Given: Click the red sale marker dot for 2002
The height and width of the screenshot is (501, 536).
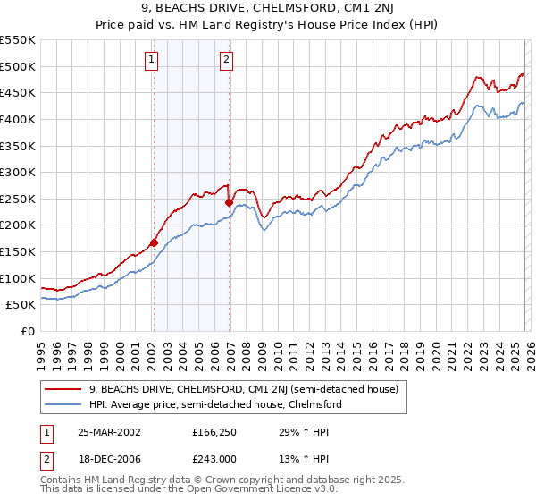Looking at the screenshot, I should (x=154, y=242).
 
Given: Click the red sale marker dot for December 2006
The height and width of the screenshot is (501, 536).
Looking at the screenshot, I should (x=229, y=202).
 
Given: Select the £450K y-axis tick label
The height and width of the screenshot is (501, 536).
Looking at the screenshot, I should (x=19, y=92).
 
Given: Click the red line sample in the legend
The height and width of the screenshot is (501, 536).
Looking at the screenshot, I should (x=64, y=389).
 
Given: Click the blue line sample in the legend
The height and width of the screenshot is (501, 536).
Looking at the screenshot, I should (x=64, y=404).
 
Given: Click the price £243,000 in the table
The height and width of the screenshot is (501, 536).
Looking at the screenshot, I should (x=215, y=458).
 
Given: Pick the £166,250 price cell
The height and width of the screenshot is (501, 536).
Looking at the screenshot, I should (x=215, y=431).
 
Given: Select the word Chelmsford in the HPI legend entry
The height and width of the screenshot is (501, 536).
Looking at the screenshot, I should (x=314, y=404).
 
